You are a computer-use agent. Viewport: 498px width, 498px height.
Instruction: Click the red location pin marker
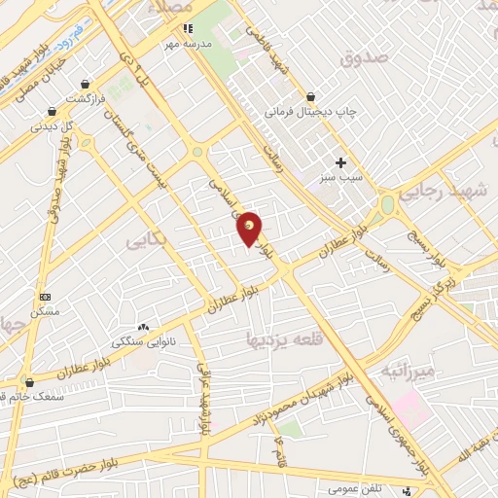(x=250, y=230)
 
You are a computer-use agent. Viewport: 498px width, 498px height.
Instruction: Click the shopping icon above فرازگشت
(x=89, y=85)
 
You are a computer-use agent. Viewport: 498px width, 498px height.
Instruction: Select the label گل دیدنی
(x=53, y=125)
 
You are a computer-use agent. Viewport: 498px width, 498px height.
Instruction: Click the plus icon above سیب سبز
(x=340, y=162)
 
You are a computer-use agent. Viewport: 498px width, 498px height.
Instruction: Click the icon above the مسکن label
(x=46, y=296)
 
